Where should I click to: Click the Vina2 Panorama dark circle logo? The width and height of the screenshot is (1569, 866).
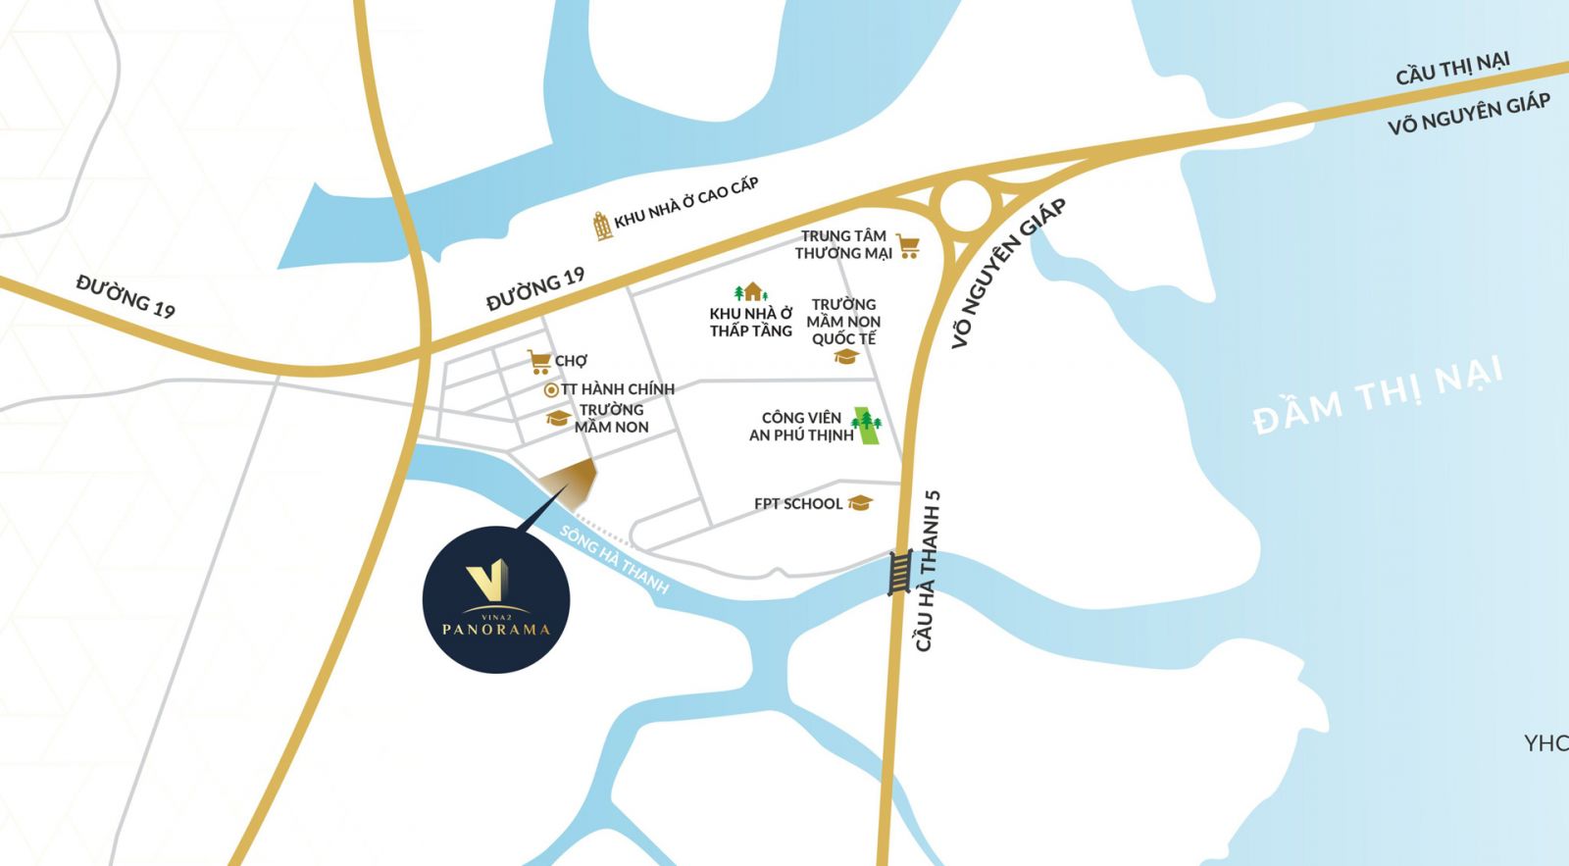pyautogui.click(x=496, y=599)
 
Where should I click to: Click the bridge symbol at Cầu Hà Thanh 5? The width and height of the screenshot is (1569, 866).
pyautogui.click(x=899, y=572)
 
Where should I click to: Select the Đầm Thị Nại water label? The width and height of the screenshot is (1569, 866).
pyautogui.click(x=1377, y=396)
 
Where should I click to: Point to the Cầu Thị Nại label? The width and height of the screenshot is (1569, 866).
pyautogui.click(x=1452, y=69)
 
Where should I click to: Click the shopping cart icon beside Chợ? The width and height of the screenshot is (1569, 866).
pyautogui.click(x=538, y=362)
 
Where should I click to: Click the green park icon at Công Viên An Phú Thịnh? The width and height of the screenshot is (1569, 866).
pyautogui.click(x=867, y=426)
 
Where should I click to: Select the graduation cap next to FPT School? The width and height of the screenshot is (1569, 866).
pyautogui.click(x=859, y=503)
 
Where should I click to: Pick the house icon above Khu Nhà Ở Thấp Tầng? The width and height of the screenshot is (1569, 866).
pyautogui.click(x=751, y=292)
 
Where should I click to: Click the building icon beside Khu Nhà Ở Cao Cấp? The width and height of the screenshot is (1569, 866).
pyautogui.click(x=602, y=226)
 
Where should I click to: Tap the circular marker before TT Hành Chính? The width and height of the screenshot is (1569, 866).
pyautogui.click(x=551, y=390)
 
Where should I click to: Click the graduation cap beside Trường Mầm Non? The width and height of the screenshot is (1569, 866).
pyautogui.click(x=558, y=419)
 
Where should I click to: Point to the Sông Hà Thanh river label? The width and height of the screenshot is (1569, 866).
pyautogui.click(x=614, y=560)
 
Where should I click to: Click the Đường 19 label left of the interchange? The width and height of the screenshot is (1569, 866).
pyautogui.click(x=126, y=296)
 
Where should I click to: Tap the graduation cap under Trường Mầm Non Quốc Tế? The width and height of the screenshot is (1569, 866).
pyautogui.click(x=846, y=357)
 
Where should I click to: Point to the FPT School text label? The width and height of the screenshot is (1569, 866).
pyautogui.click(x=797, y=504)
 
